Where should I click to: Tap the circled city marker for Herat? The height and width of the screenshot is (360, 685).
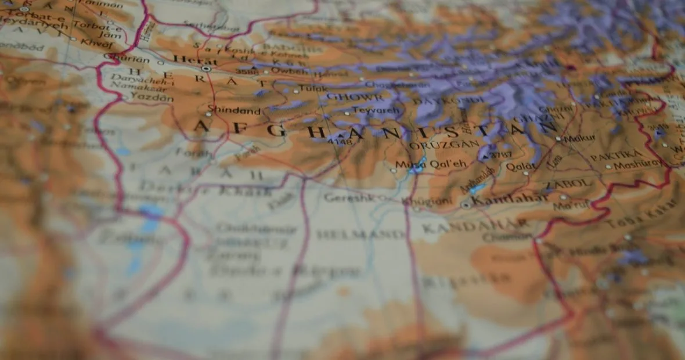tap(206, 69)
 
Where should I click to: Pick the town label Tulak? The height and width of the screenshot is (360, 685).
tap(313, 89)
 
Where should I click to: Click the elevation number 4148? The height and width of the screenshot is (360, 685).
tap(340, 141)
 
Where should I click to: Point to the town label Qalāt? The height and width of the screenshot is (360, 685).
tap(521, 167)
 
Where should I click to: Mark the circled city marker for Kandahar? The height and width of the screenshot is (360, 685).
tap(466, 205)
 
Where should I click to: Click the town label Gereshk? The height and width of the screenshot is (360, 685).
tap(347, 197)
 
